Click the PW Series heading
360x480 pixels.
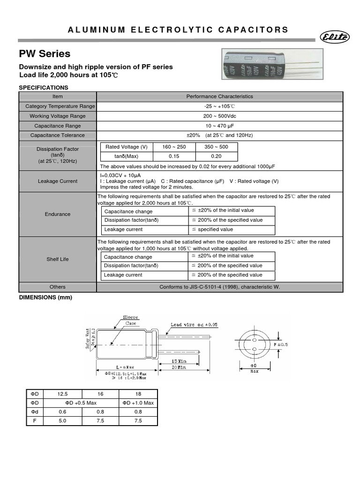(x=45, y=53)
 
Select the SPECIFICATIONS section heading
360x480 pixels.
(x=43, y=88)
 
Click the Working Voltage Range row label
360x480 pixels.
(x=58, y=116)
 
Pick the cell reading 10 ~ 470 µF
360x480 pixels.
(x=219, y=126)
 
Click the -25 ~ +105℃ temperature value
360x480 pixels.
(x=219, y=106)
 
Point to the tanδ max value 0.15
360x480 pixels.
(x=174, y=156)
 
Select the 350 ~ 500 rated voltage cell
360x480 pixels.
(x=216, y=147)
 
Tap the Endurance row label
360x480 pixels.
(x=58, y=214)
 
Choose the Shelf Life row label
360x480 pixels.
(x=58, y=259)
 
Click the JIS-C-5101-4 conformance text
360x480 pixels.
(x=219, y=287)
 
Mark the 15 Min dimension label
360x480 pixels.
(x=180, y=361)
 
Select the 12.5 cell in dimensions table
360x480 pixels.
(x=63, y=394)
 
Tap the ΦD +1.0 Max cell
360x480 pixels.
(x=138, y=403)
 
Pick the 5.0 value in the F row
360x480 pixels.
(x=63, y=421)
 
